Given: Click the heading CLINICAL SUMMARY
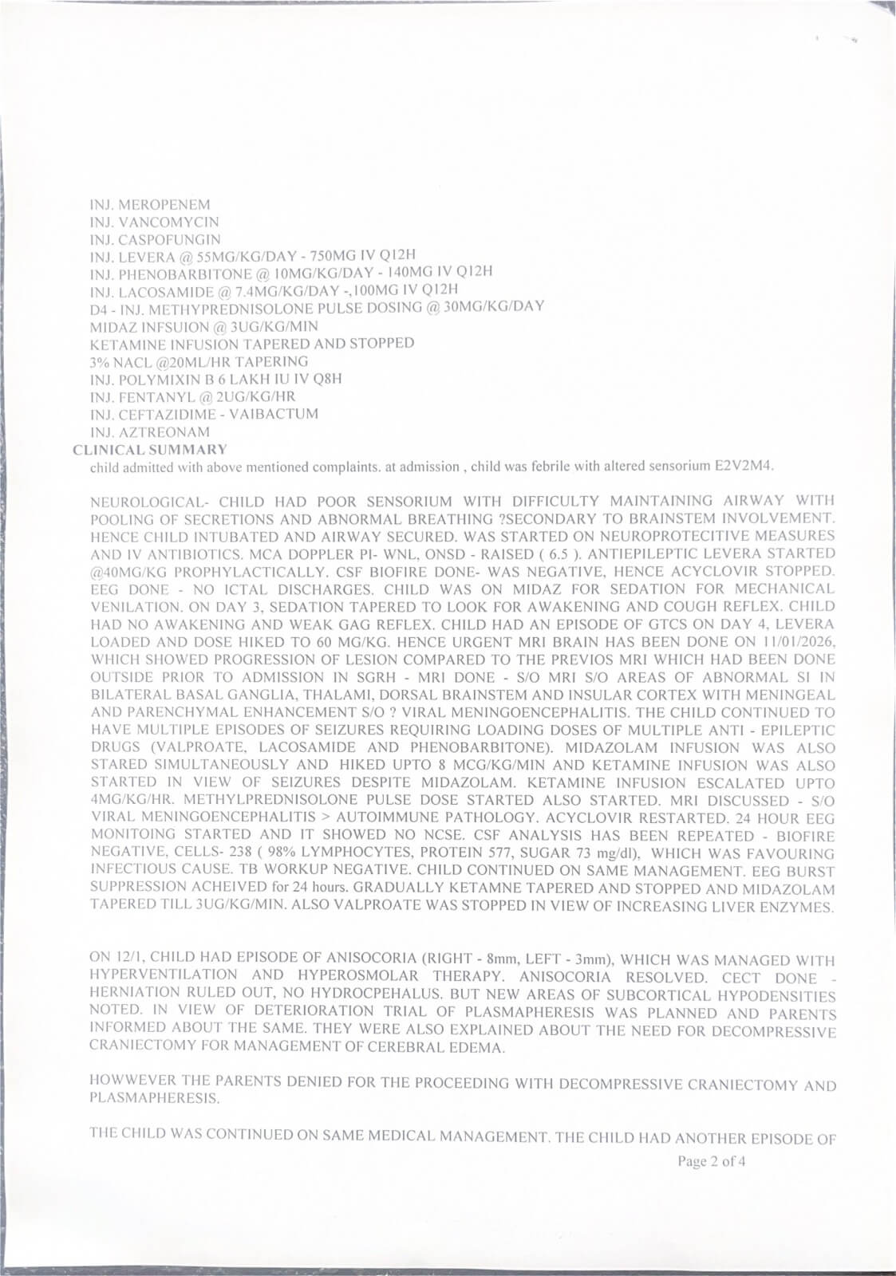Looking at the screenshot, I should tap(149, 450).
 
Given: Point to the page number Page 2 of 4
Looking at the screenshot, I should tap(712, 1161).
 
